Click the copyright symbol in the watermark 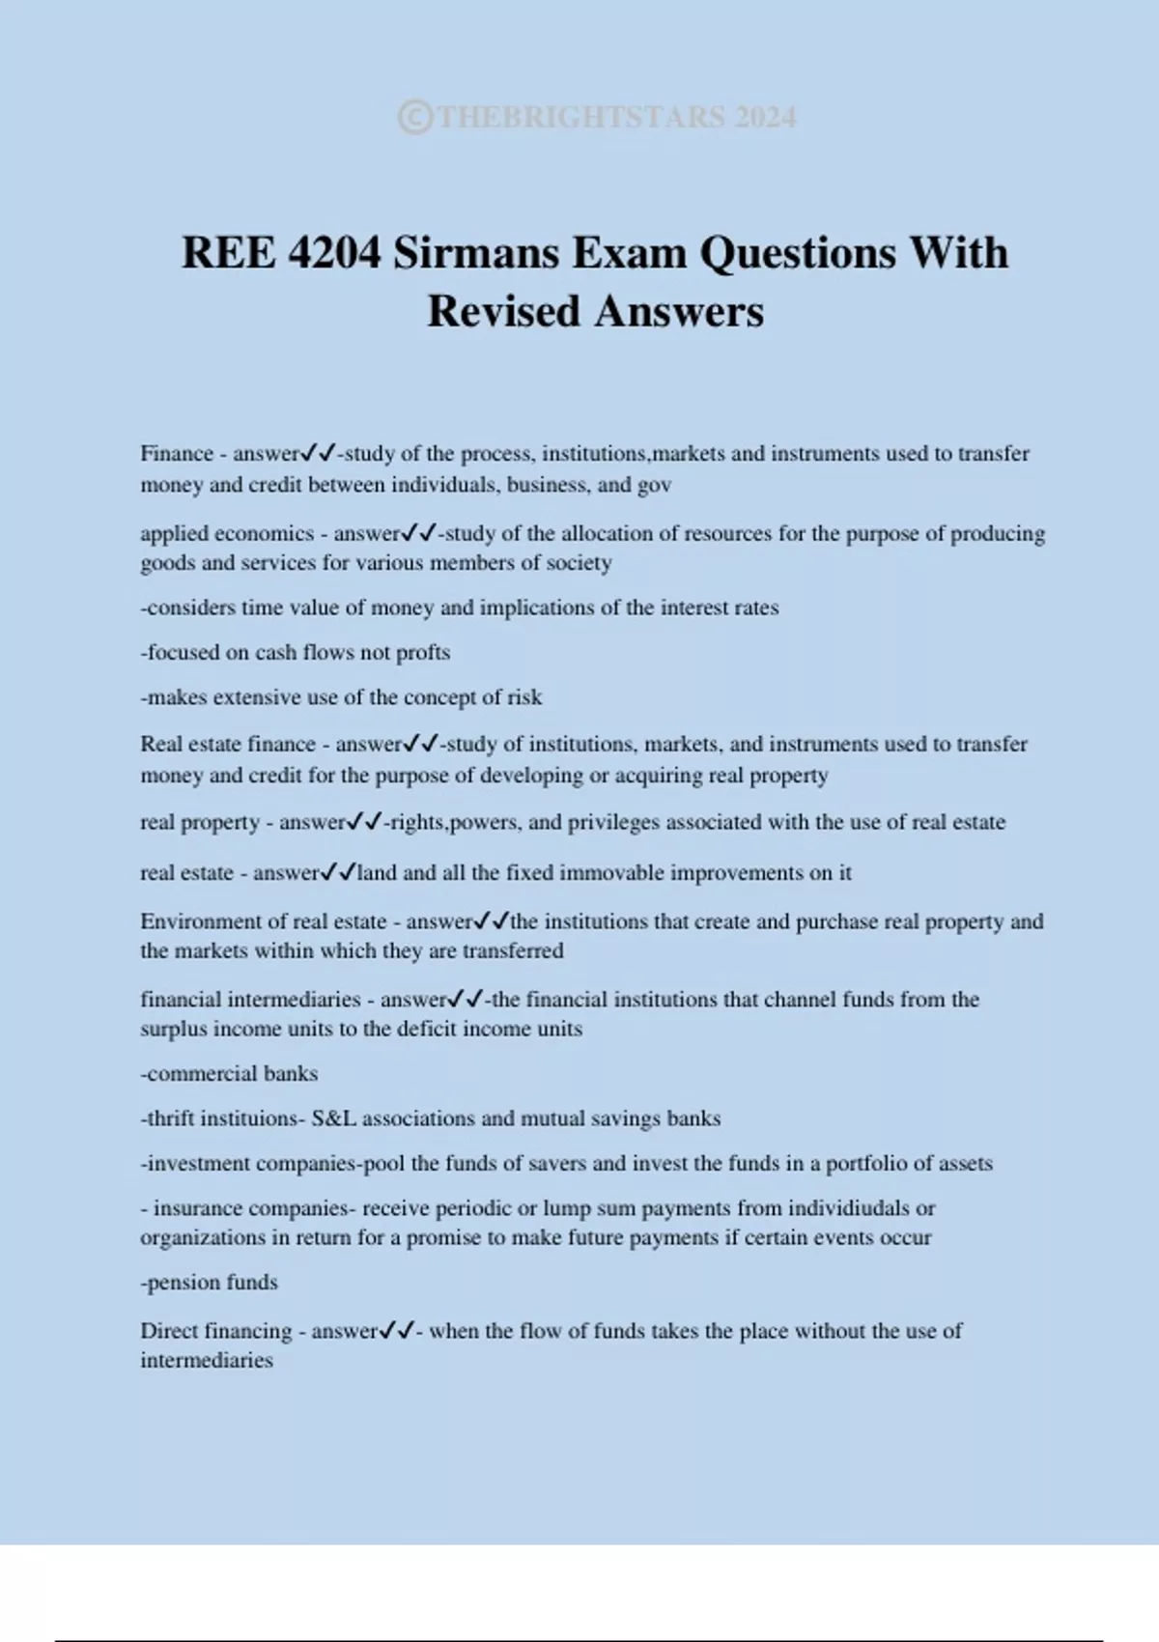click(414, 118)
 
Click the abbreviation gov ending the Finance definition click(654, 485)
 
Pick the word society click(579, 563)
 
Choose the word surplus click(173, 1029)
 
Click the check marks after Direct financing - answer click(397, 1331)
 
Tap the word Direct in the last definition click(167, 1331)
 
